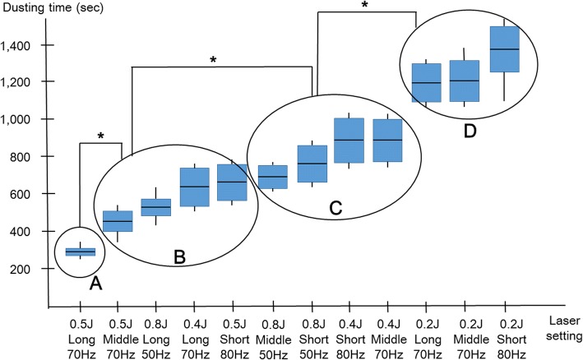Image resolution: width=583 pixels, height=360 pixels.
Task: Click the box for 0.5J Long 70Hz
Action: point(81,252)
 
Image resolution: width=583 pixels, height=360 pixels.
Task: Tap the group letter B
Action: point(181,256)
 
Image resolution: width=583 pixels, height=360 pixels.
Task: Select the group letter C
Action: point(335,209)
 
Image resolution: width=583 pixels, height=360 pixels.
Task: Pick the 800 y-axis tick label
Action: point(34,157)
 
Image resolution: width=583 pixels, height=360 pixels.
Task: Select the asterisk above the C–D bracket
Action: point(364,5)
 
